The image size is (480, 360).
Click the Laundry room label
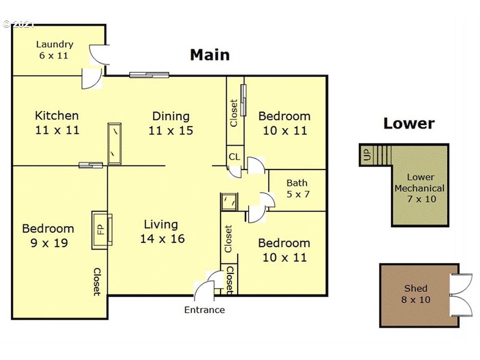coord(54,49)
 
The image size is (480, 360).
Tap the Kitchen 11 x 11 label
coord(57,123)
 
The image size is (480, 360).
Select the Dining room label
coord(171,123)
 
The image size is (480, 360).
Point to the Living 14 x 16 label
coord(162,232)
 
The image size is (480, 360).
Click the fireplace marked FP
coord(102,229)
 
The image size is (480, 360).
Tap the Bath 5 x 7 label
coord(298,188)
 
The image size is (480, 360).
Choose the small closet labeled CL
coord(235,157)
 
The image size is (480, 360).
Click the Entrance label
coord(204,310)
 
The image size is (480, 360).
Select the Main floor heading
coord(209,55)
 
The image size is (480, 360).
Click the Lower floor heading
coord(409,123)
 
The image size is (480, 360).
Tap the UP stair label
coord(367,154)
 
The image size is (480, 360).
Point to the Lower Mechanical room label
coord(420,188)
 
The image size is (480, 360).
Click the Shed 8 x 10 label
coord(416,294)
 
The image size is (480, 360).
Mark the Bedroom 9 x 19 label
coord(48,236)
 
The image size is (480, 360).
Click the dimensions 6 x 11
coord(53,56)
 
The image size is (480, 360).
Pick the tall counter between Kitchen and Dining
coord(114,144)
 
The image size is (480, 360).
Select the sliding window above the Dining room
coord(149,74)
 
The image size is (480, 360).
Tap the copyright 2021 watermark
coord(18,24)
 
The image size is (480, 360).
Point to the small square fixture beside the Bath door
coord(229,202)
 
